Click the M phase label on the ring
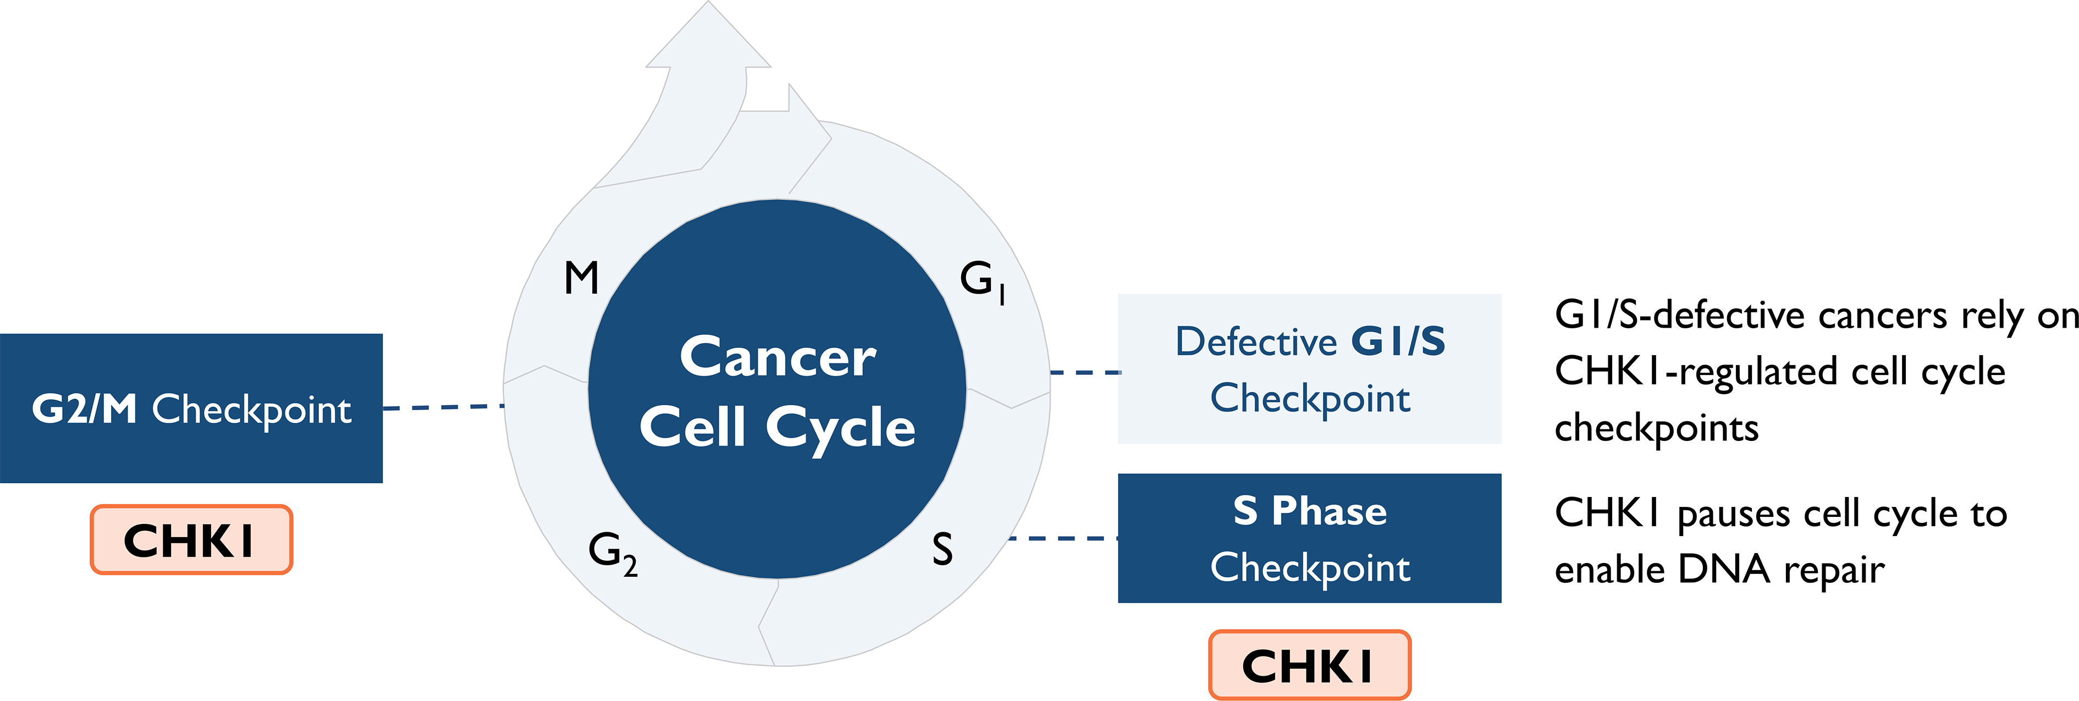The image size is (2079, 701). pyautogui.click(x=581, y=278)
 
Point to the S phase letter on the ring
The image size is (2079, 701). pyautogui.click(x=942, y=549)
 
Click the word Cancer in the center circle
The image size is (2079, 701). pyautogui.click(x=777, y=357)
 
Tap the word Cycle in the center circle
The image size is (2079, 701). pyautogui.click(x=840, y=428)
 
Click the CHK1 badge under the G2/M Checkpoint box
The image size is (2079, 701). pyautogui.click(x=190, y=540)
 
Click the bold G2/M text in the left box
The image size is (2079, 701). pyautogui.click(x=84, y=409)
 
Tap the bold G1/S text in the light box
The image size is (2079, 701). pyautogui.click(x=1398, y=342)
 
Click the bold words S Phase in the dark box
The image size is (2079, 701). pyautogui.click(x=1309, y=511)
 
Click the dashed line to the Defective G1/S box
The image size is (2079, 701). pyautogui.click(x=1085, y=373)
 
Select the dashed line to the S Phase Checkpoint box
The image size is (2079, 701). pyautogui.click(x=1062, y=538)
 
